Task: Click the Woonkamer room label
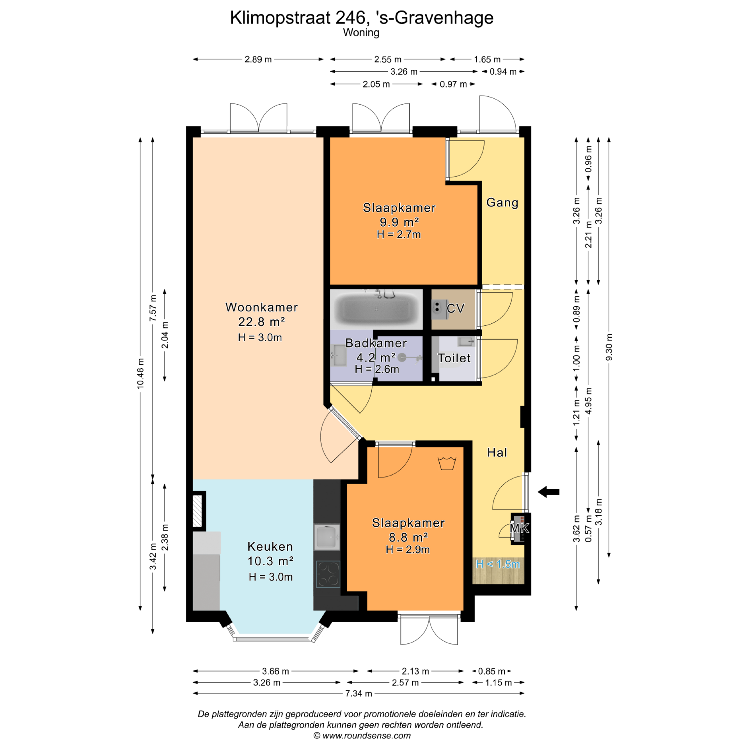click(261, 307)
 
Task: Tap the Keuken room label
click(270, 547)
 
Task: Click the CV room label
click(455, 309)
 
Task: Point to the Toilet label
click(454, 358)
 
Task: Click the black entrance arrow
click(548, 492)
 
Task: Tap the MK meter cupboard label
click(520, 529)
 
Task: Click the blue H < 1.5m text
click(498, 564)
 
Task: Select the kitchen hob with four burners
click(328, 574)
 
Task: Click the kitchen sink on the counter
click(327, 537)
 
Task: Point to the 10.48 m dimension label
click(140, 373)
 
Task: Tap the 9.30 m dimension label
click(609, 347)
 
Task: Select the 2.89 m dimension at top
click(258, 59)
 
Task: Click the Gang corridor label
click(502, 202)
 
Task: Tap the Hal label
click(497, 453)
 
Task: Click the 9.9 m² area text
click(399, 222)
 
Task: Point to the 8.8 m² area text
click(408, 537)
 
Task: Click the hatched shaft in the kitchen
click(198, 511)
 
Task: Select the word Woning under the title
click(361, 33)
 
